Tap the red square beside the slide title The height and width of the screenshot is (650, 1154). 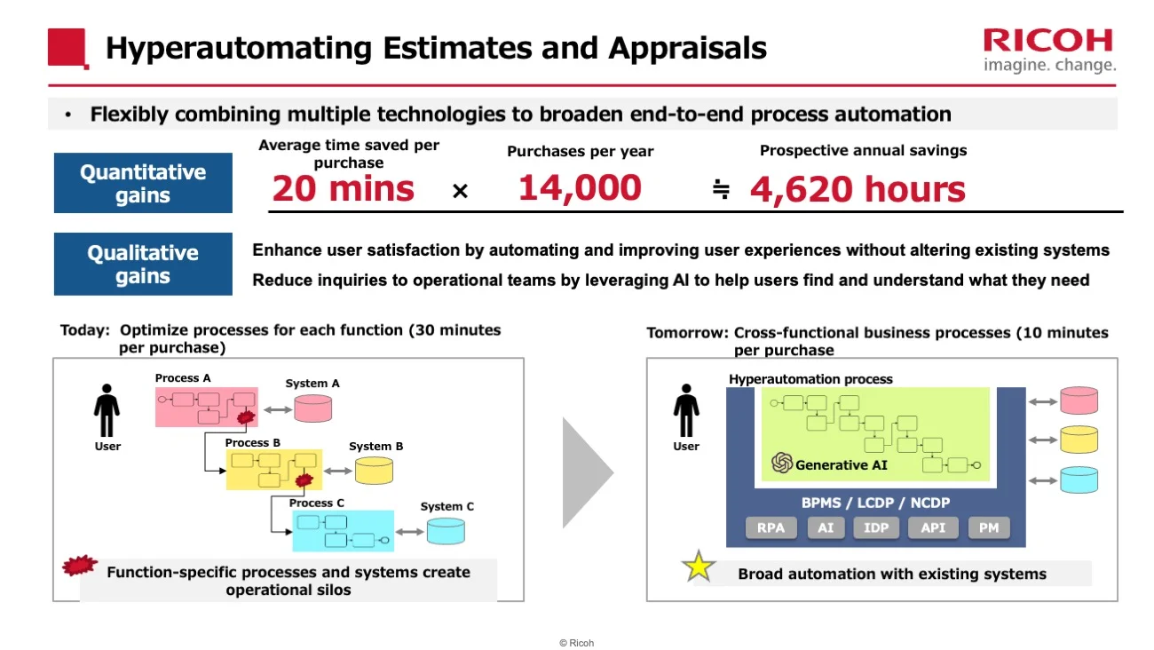(x=67, y=48)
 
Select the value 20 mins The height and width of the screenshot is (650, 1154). (x=343, y=189)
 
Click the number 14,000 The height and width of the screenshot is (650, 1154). (x=580, y=188)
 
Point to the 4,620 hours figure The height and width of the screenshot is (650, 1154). (x=858, y=190)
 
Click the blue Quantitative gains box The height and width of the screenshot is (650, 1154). (x=143, y=183)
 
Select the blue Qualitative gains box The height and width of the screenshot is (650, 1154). (x=143, y=264)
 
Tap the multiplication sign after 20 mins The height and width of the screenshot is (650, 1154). (x=460, y=191)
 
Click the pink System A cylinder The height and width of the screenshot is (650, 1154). (x=313, y=408)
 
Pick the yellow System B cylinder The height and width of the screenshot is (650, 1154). (x=374, y=470)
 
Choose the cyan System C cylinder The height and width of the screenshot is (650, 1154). (x=445, y=531)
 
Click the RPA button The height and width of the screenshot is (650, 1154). (x=771, y=527)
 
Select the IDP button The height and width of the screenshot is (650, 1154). (x=876, y=527)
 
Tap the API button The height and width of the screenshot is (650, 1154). (x=933, y=527)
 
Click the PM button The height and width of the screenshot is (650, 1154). (x=988, y=527)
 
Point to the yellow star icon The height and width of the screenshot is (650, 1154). (x=699, y=567)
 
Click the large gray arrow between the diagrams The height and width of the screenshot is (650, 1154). (x=587, y=472)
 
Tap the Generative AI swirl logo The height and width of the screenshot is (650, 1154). (x=782, y=464)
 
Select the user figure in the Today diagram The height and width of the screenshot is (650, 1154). (x=107, y=410)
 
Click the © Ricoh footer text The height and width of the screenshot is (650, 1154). (x=576, y=643)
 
